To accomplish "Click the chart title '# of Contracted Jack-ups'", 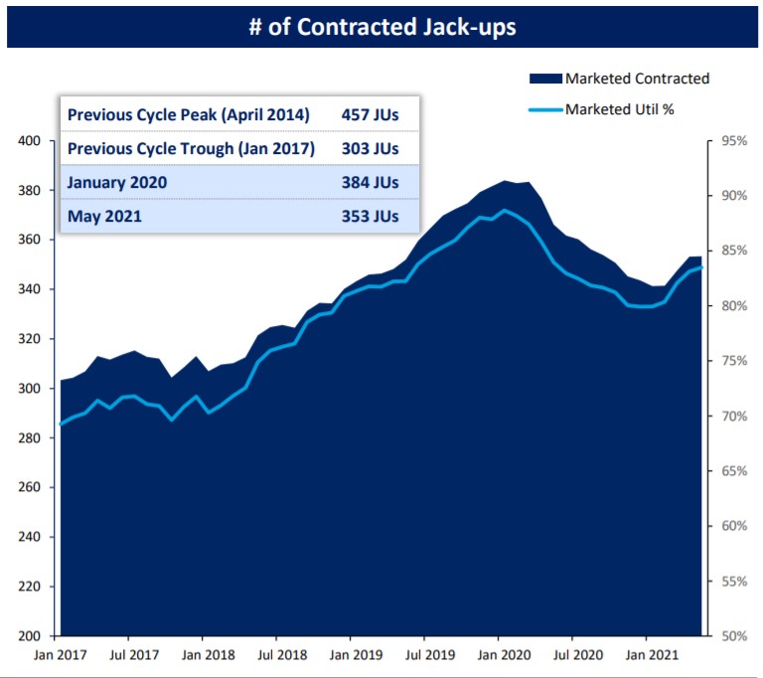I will pyautogui.click(x=381, y=26).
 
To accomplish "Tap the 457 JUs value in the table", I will pyautogui.click(x=370, y=115).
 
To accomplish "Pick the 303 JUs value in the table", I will pyautogui.click(x=370, y=149).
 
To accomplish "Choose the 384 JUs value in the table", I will pyautogui.click(x=370, y=183).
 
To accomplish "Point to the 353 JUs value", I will pyautogui.click(x=370, y=215).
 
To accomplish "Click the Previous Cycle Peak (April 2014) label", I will pyautogui.click(x=189, y=115).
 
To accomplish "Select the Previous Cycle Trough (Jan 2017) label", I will pyautogui.click(x=191, y=149).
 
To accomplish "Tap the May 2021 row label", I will pyautogui.click(x=105, y=215).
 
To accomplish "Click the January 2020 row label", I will pyautogui.click(x=117, y=183).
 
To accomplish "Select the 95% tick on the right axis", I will pyautogui.click(x=733, y=141).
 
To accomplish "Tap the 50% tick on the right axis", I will pyautogui.click(x=733, y=636).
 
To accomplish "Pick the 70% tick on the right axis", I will pyautogui.click(x=733, y=416).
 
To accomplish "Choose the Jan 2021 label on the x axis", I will pyautogui.click(x=646, y=657).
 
